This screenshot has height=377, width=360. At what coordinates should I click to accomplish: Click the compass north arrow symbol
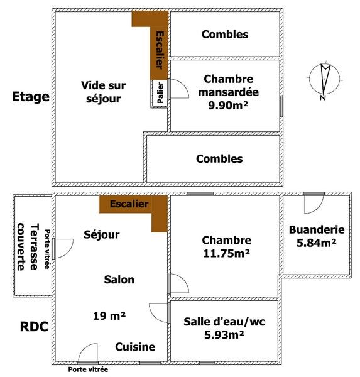tap(325, 80)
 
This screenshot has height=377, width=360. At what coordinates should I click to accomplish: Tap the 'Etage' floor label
tap(31, 97)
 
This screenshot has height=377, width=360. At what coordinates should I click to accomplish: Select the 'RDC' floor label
tap(34, 327)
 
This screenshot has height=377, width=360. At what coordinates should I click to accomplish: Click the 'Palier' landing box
tap(159, 94)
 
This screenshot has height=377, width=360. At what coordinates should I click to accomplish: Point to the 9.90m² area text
tap(228, 106)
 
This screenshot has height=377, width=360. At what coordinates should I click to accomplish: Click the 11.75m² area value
tap(226, 253)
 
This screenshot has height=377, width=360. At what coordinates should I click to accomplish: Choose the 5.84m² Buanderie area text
tap(316, 243)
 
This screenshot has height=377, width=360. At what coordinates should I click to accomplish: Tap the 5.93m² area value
tap(224, 334)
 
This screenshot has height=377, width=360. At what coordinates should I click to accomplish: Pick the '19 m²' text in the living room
tap(109, 315)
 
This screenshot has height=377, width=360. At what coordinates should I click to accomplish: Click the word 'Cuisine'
tap(135, 347)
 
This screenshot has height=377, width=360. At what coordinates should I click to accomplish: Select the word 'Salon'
tap(119, 280)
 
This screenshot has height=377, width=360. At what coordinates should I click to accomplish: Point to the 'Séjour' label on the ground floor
tap(102, 234)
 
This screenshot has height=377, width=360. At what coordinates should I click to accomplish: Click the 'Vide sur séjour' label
tap(104, 92)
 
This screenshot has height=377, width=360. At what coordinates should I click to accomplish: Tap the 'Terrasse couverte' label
tap(28, 247)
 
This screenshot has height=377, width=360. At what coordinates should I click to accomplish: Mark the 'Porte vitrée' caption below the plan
tap(88, 369)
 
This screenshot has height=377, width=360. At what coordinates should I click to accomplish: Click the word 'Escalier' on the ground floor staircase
tap(129, 204)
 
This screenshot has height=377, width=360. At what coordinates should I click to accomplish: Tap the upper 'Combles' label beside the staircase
tap(225, 35)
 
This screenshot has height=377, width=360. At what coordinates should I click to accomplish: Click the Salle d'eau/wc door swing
tap(159, 313)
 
